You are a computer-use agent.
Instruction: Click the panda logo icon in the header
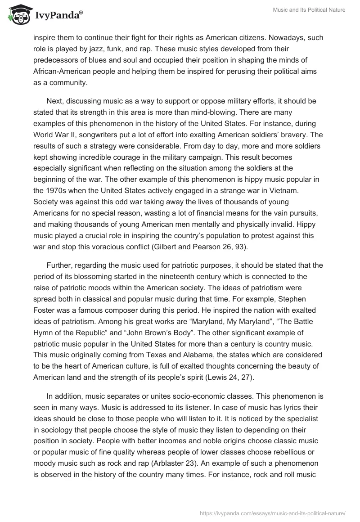tap(17, 14)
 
